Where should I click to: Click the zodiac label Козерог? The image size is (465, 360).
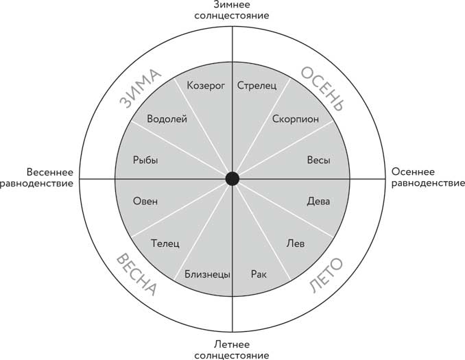(x=206, y=86)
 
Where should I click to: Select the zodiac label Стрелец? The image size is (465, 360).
(x=257, y=86)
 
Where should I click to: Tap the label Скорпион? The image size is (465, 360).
(x=295, y=119)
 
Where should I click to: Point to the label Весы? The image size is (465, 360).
(x=318, y=160)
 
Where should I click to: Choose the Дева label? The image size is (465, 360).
(x=318, y=202)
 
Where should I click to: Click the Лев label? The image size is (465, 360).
(x=295, y=243)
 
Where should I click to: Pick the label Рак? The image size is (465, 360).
(x=259, y=274)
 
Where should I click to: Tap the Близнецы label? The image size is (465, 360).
(x=206, y=274)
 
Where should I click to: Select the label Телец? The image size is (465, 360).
(x=165, y=243)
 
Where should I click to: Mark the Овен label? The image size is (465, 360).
(x=145, y=202)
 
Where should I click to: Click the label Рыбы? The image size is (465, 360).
(x=145, y=160)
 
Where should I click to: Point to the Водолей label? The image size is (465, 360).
(x=164, y=119)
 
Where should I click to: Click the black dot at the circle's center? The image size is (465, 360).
(x=232, y=179)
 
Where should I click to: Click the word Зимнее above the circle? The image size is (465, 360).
(x=232, y=5)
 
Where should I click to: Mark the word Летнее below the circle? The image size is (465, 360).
(x=232, y=344)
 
